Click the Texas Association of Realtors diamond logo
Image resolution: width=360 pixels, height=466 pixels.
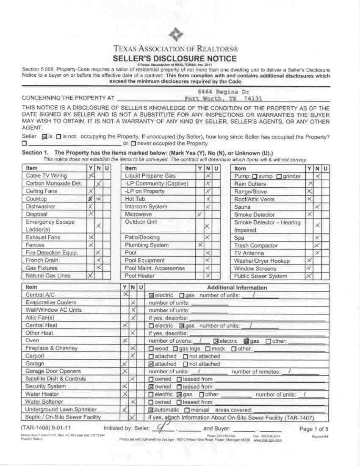[176, 34]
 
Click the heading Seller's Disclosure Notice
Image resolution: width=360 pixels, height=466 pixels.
[174, 58]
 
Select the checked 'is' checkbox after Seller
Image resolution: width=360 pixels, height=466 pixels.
[44, 137]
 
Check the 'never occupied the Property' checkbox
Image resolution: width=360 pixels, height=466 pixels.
[133, 144]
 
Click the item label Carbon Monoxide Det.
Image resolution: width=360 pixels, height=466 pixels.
[54, 183]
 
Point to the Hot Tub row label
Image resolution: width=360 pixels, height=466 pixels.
[135, 199]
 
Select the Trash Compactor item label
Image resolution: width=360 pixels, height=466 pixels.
[256, 246]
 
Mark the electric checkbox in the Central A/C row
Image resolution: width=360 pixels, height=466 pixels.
[152, 295]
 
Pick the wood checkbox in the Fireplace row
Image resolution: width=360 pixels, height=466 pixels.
[152, 349]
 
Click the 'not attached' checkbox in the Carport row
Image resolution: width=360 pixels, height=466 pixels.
[185, 356]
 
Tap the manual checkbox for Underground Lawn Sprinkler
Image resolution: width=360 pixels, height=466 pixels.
[187, 410]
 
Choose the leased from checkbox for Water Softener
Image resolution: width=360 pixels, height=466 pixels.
[179, 402]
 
